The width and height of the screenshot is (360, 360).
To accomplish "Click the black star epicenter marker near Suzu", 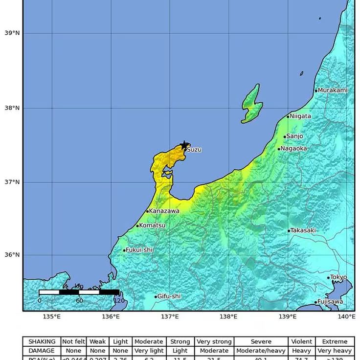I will click(x=184, y=145).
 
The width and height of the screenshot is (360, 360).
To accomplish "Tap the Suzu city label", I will click(x=194, y=150).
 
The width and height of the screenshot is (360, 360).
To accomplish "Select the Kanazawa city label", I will click(x=164, y=211).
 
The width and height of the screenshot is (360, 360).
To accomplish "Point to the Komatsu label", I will click(x=152, y=225).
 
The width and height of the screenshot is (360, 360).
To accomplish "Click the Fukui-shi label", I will click(x=139, y=250).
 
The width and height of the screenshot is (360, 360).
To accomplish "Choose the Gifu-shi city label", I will click(x=169, y=296).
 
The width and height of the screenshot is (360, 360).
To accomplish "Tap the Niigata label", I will click(x=300, y=116).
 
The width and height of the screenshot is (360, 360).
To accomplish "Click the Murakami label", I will click(x=333, y=90).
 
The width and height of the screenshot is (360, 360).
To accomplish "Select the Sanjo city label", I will click(x=294, y=136).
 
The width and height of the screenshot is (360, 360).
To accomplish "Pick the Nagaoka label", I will click(x=294, y=149).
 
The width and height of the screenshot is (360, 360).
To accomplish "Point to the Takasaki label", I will click(x=303, y=230).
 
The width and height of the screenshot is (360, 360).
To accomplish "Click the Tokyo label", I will click(x=338, y=277).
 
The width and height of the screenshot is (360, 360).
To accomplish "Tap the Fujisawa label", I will click(x=330, y=302).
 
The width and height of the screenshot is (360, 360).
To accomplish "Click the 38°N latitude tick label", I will click(x=12, y=108).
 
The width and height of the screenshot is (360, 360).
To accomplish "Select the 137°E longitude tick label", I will click(x=170, y=317).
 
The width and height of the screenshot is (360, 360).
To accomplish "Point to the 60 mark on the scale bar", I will click(x=79, y=301).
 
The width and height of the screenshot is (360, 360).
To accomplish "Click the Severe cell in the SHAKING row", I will click(x=261, y=341).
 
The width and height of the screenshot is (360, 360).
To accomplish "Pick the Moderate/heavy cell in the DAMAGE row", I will click(x=261, y=351).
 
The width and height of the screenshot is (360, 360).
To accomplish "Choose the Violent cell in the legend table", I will click(x=302, y=341).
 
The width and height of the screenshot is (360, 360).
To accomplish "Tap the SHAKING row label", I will click(x=42, y=341).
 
